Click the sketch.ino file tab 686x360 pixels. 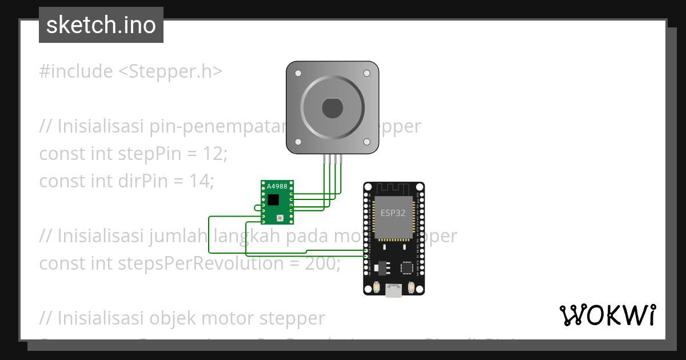101,25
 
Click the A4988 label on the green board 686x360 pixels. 277,187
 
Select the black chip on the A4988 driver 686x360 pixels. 274,199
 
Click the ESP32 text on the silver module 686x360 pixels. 393,213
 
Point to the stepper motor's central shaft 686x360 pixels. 332,107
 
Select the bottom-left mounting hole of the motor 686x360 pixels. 298,142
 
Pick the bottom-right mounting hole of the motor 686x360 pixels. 366,142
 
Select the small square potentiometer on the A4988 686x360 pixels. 280,218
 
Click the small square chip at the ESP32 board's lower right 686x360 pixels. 407,267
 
